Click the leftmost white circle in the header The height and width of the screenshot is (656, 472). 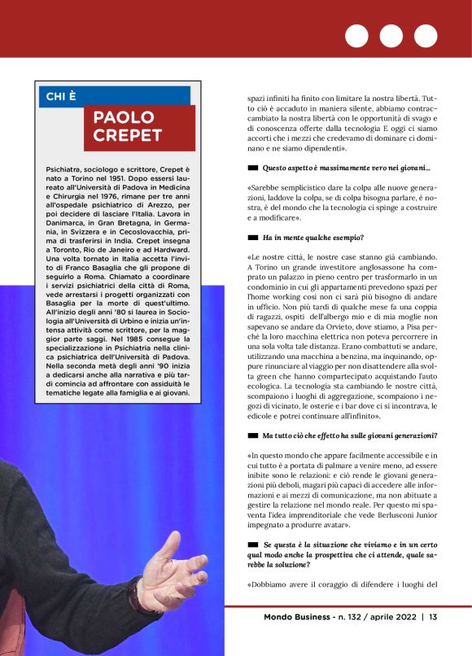pos(356,36)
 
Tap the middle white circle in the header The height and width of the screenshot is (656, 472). pos(391,36)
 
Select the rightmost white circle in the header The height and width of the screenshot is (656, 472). pos(426,36)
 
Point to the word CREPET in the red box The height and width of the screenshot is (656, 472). pos(128,136)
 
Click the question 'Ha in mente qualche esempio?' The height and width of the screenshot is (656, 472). pos(313,238)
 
